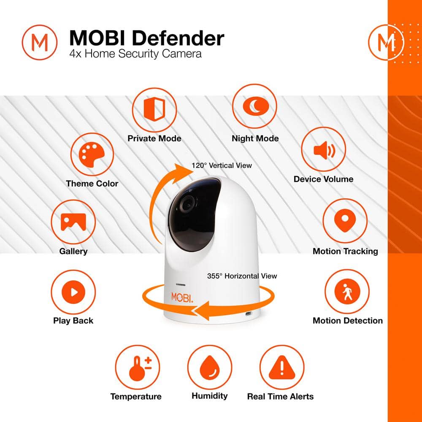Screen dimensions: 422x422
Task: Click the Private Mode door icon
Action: (x=154, y=109)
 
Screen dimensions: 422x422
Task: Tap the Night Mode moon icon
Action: (x=256, y=106)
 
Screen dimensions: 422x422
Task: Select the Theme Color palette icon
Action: (x=92, y=154)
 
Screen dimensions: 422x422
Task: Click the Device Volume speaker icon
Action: (x=324, y=150)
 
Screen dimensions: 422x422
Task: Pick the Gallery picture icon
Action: (x=73, y=222)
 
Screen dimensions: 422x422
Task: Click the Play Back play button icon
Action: (x=73, y=292)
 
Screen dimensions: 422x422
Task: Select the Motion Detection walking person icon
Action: (x=347, y=292)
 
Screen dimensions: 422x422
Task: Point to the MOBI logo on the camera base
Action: (x=182, y=298)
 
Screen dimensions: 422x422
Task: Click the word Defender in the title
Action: (x=178, y=38)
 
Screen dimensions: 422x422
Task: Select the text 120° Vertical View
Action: (x=222, y=165)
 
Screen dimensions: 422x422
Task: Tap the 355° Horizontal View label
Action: (x=242, y=276)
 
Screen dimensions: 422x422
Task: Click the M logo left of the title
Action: (x=40, y=42)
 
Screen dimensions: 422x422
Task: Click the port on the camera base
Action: (x=248, y=314)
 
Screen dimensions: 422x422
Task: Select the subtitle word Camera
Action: (x=181, y=54)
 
